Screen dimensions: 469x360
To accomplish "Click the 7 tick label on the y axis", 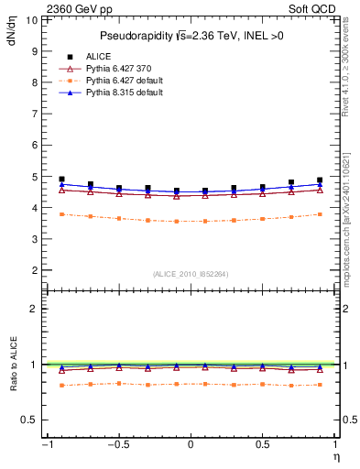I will tap(34, 114).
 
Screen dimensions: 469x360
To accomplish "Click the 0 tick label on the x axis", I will tap(191, 444).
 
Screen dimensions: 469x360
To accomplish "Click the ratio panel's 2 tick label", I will tap(34, 309).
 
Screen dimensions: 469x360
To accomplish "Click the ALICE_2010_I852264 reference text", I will tap(191, 274).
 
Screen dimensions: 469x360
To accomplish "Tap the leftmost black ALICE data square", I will tap(61, 180).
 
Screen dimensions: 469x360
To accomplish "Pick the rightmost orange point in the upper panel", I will tap(320, 214).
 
